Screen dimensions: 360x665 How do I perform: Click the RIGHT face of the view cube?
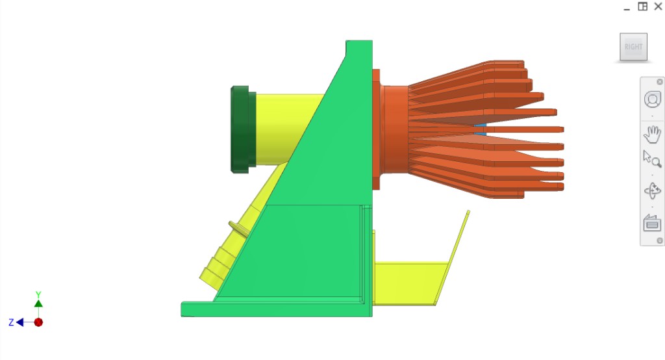coord(633,47)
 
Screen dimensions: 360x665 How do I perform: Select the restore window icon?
coord(643,7)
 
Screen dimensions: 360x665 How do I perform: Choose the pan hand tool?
coord(652,135)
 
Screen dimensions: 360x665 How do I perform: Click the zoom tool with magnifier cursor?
coord(652,160)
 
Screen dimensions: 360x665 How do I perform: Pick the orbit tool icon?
coord(652,191)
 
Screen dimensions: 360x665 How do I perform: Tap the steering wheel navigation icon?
coord(652,99)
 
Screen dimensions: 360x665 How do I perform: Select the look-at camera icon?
coord(652,223)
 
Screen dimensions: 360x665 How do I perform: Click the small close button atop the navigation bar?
coord(660,82)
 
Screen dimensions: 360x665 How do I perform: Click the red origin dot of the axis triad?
coord(38,322)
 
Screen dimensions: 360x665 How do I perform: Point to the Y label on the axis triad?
coord(38,294)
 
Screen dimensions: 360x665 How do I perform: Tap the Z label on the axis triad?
coord(11,322)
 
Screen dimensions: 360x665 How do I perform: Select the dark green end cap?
coord(242,129)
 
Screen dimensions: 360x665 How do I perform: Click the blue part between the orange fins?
coord(481,129)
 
